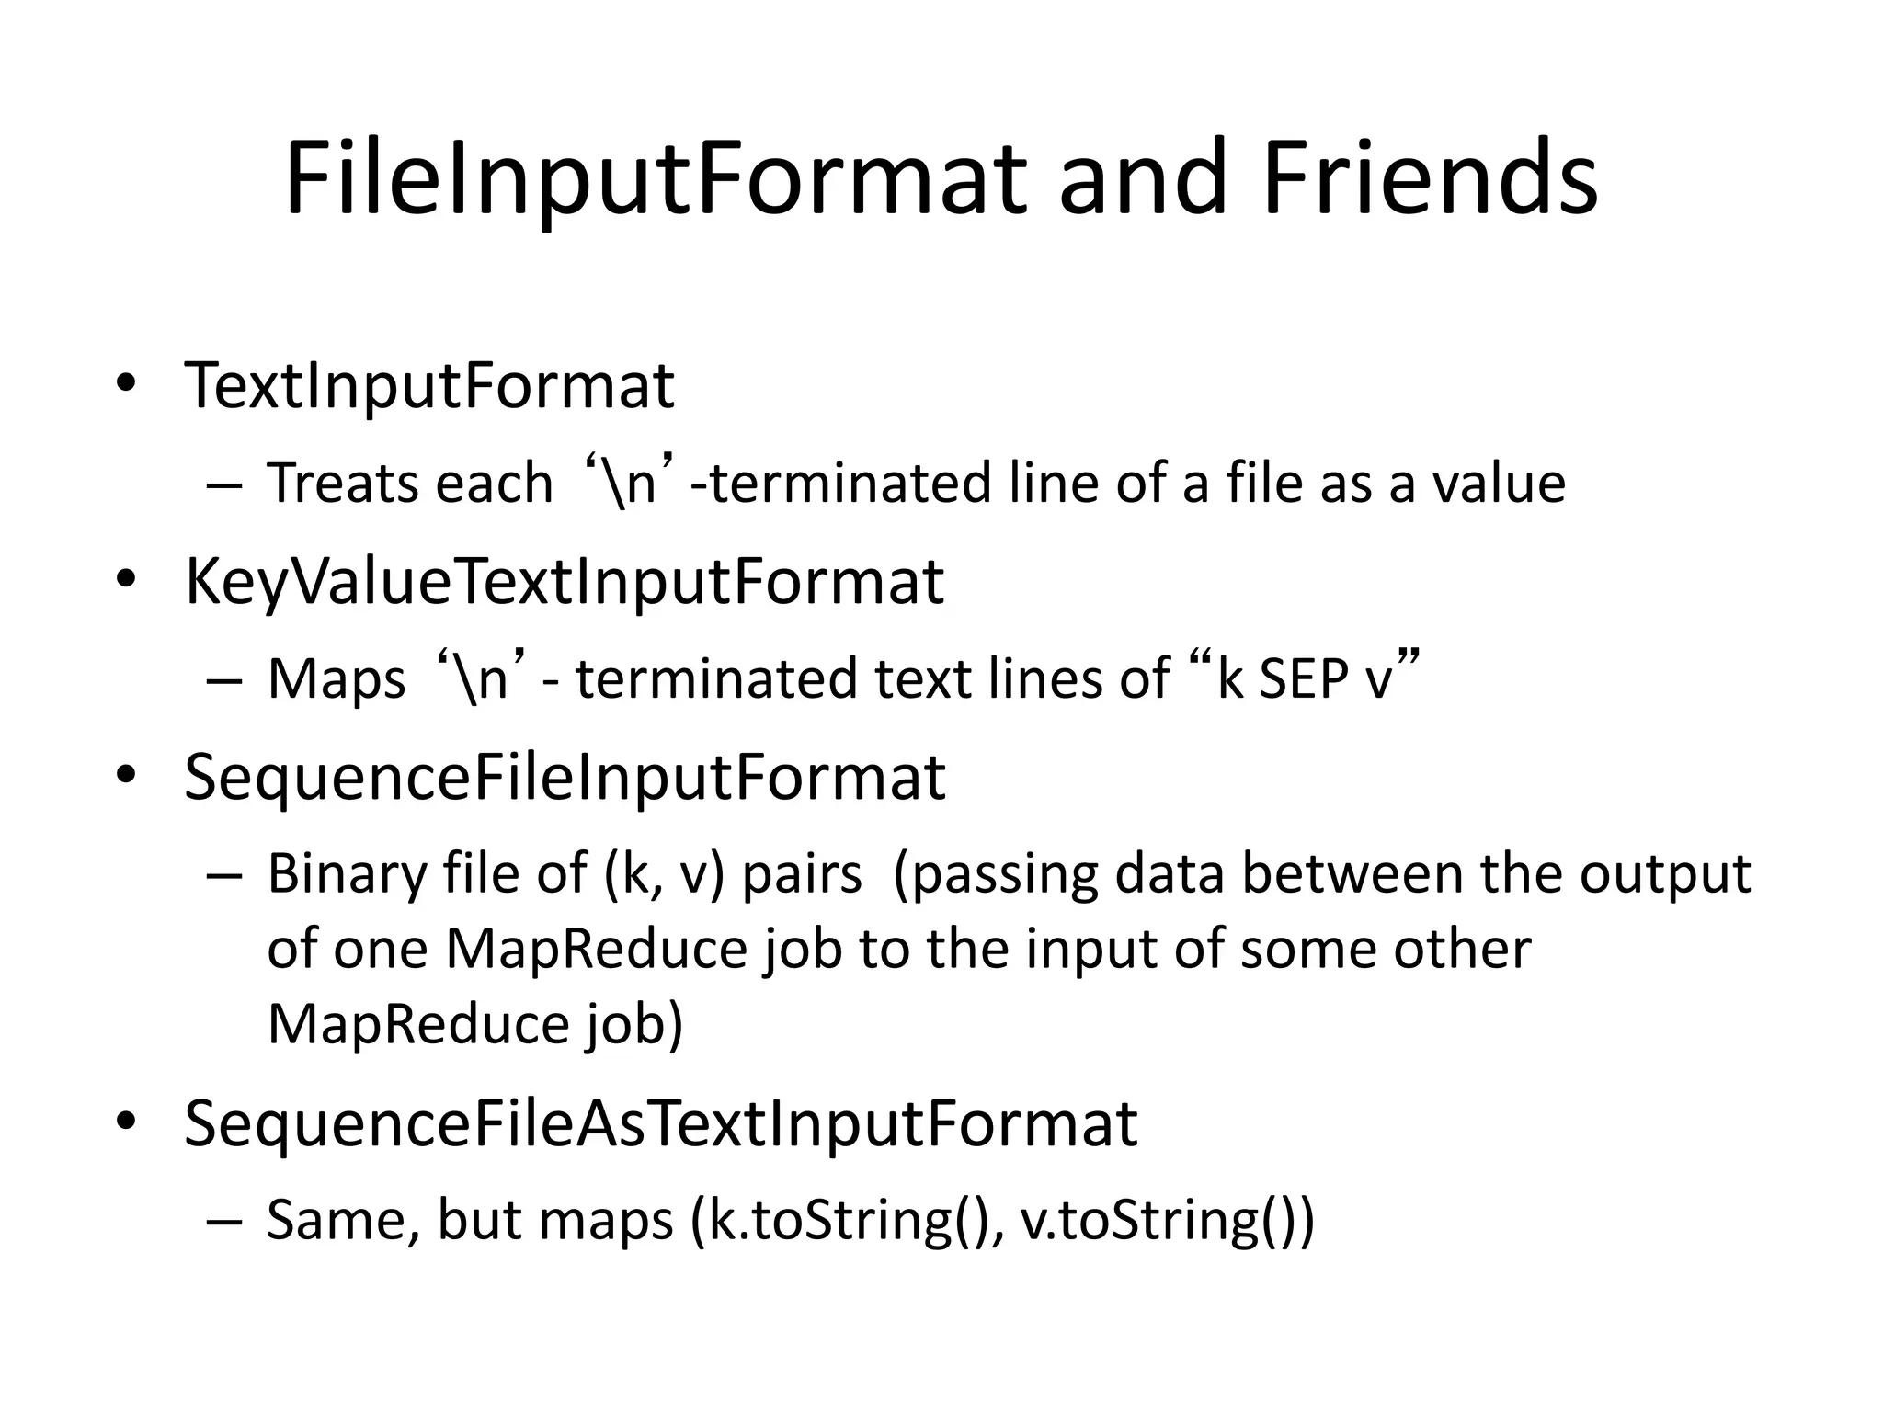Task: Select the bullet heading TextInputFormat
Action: (429, 385)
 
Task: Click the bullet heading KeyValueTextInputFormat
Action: (564, 582)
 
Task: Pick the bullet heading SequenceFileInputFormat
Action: (565, 778)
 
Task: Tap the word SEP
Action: (1299, 678)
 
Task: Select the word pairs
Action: (802, 874)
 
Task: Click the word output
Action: (1665, 874)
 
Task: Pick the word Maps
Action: (337, 680)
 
